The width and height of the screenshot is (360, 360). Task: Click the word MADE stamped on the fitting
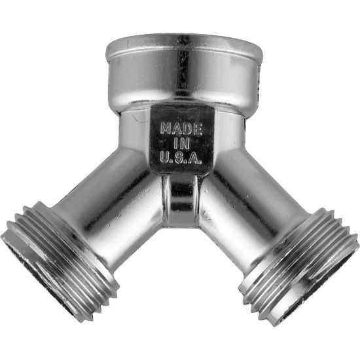181,129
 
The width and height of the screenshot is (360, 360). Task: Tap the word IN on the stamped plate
181,143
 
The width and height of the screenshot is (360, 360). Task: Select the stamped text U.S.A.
181,158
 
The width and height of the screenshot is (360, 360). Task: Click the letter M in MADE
166,129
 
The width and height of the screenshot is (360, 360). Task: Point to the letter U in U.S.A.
164,157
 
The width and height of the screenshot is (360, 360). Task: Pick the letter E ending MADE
198,129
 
